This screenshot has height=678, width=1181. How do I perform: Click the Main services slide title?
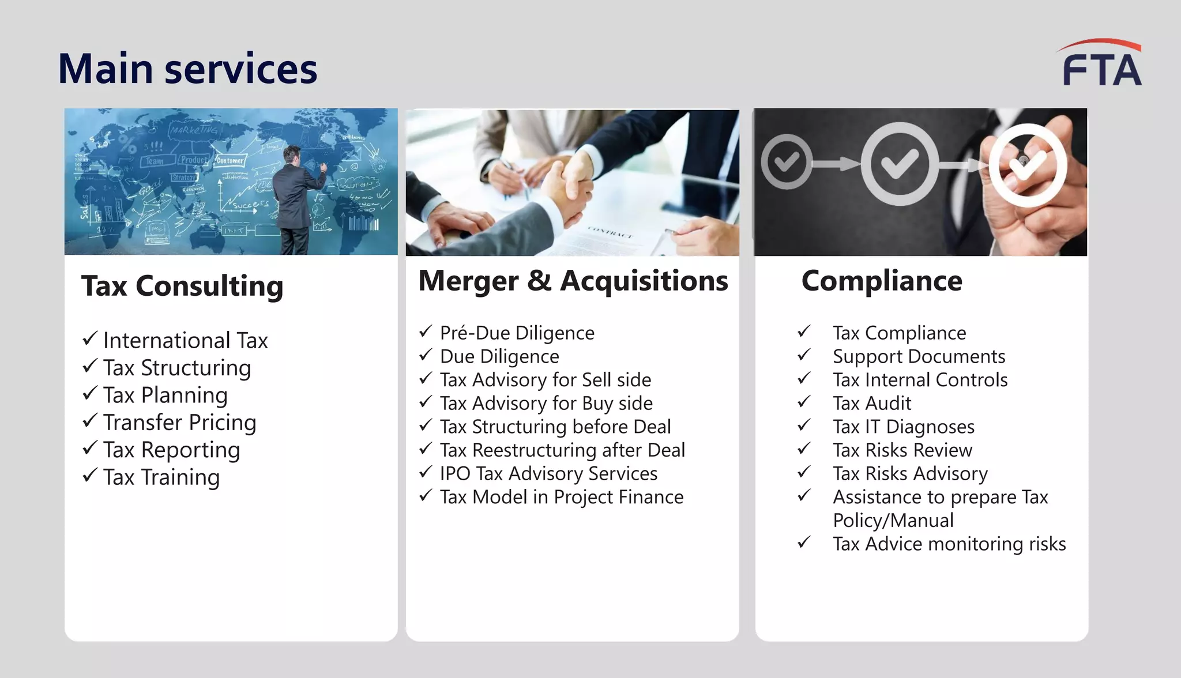pos(187,69)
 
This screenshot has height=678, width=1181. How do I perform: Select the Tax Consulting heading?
pos(182,286)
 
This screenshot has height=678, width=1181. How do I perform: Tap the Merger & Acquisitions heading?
pos(573,281)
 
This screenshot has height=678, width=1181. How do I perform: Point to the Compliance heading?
pos(882,281)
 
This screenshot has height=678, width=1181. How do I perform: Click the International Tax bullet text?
pos(185,341)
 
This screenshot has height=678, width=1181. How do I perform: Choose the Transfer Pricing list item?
pos(179,423)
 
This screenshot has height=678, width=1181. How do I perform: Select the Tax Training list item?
pos(161,477)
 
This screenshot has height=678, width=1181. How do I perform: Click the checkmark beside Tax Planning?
pos(89,394)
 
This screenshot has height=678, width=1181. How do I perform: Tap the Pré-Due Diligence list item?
pos(517,333)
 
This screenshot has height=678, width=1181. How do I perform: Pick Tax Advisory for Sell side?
pos(545,380)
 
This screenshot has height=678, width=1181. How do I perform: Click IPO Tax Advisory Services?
pos(548,474)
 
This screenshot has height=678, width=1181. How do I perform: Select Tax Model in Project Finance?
pos(561,497)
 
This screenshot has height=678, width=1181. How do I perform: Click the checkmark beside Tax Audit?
pos(804,402)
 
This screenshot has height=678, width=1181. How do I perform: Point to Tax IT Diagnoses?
pos(903,427)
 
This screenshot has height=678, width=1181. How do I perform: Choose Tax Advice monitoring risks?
pos(949,544)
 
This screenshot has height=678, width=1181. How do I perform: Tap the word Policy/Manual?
pos(893,521)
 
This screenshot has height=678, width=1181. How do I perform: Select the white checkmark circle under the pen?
pos(1028,166)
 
